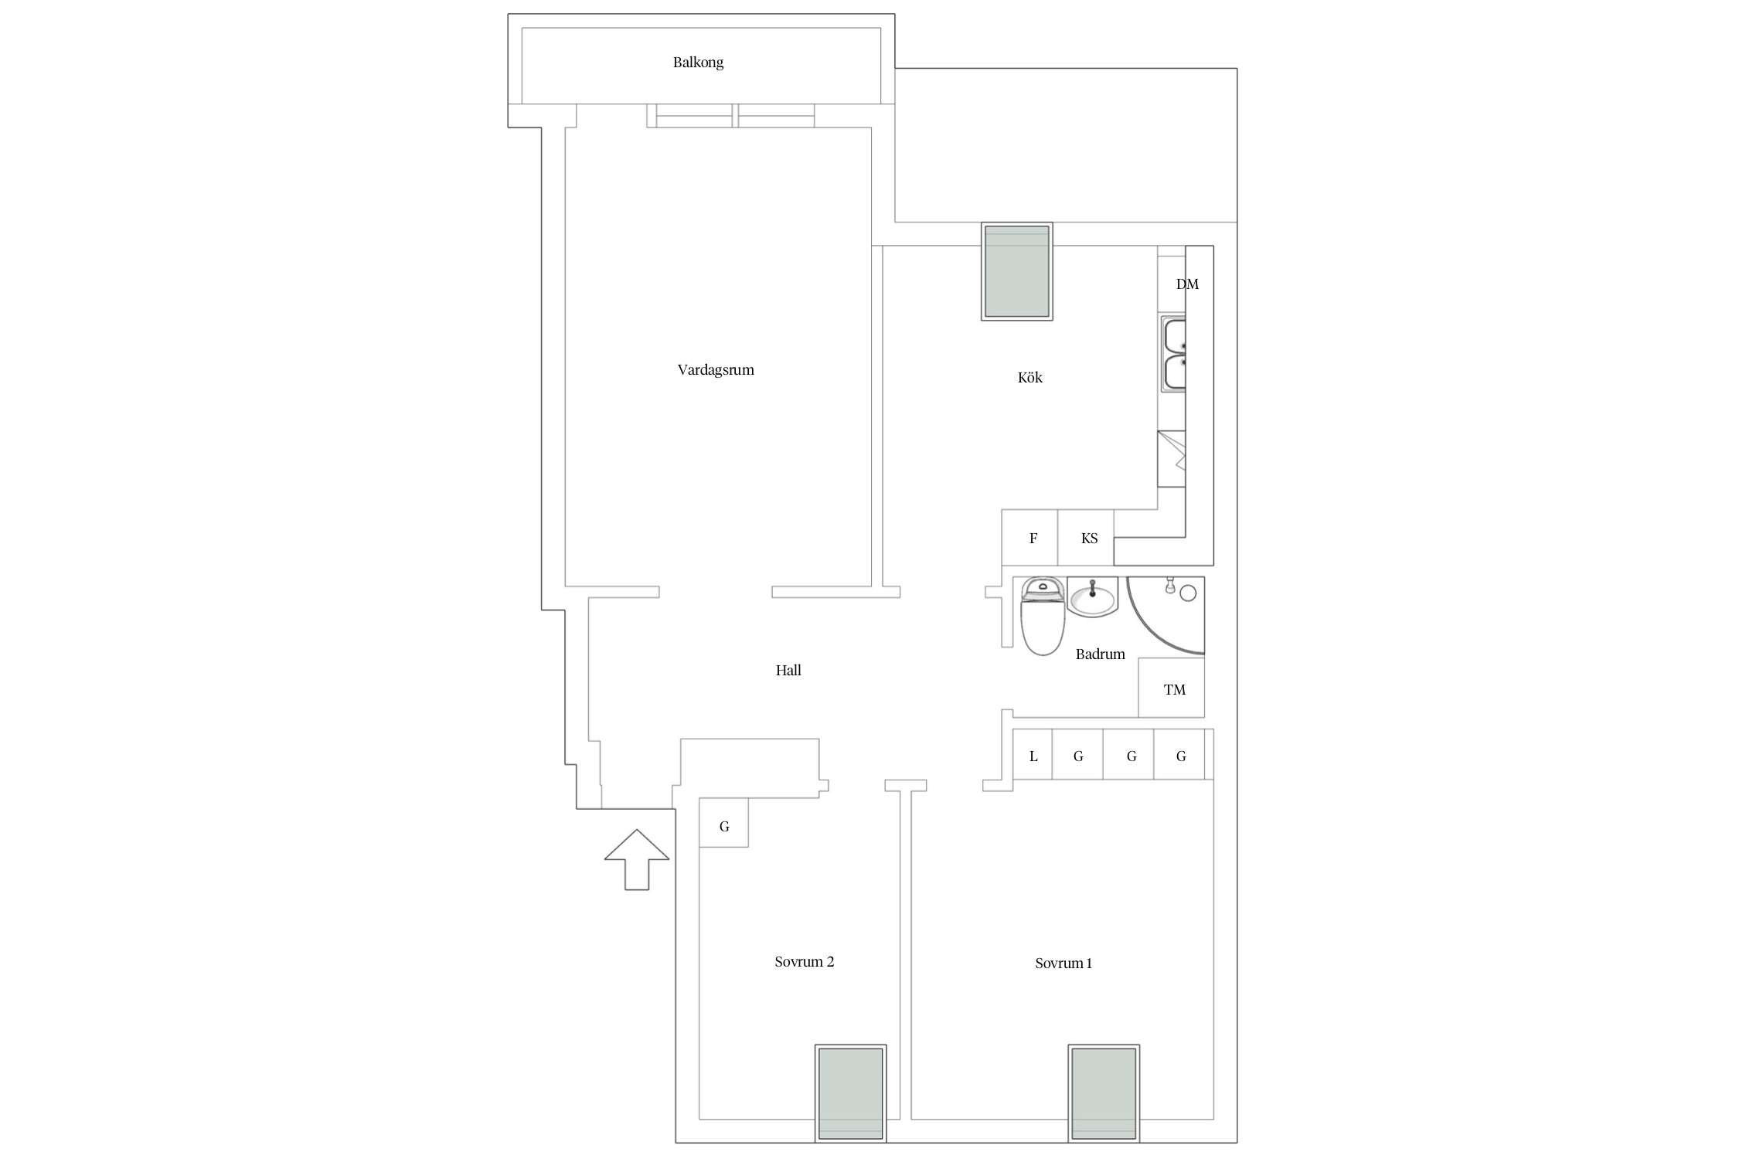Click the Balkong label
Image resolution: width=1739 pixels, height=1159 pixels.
[x=698, y=63]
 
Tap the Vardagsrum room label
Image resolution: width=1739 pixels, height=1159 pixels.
[x=716, y=370]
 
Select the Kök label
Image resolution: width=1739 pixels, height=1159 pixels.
[x=1030, y=377]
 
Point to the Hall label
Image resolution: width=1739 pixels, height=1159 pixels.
[x=788, y=670]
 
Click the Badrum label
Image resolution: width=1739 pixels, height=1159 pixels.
[x=1100, y=654]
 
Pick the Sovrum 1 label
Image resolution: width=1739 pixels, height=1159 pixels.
[x=1063, y=964]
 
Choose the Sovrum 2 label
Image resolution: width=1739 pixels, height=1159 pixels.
[x=804, y=962]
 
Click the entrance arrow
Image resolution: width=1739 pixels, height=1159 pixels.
[x=637, y=859]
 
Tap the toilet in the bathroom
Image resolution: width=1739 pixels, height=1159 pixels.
[x=1043, y=616]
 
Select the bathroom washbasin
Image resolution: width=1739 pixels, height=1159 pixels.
[x=1093, y=597]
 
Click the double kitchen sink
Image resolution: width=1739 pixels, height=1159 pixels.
[x=1173, y=354]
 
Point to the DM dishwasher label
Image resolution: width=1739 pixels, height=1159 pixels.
[x=1187, y=284]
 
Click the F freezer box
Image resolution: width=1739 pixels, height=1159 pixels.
[x=1029, y=538]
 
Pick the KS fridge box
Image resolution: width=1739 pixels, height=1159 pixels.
[x=1086, y=538]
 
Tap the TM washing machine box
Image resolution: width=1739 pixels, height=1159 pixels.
[x=1172, y=688]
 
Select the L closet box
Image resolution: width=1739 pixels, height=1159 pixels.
[x=1033, y=754]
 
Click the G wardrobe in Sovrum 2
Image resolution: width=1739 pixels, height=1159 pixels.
[x=723, y=823]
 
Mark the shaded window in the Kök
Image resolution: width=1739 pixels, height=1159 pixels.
[x=1017, y=271]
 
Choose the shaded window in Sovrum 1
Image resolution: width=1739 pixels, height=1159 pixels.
[x=1104, y=1093]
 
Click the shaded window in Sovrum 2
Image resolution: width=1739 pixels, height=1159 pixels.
[x=850, y=1093]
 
